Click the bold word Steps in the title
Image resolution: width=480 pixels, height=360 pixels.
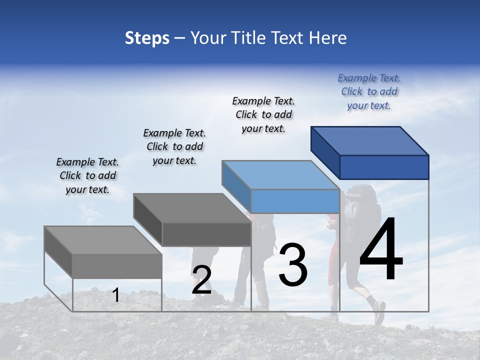tap(147, 38)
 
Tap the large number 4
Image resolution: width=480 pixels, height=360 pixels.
tap(381, 249)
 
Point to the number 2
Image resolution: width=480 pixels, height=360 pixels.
tap(201, 280)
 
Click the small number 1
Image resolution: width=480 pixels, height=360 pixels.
tap(116, 295)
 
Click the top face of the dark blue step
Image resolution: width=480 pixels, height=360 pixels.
tap(370, 140)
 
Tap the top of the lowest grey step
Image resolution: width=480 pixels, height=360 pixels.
tap(103, 240)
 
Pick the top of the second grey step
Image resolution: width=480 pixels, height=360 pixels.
tap(192, 207)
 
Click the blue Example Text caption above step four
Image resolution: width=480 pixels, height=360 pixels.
tap(369, 91)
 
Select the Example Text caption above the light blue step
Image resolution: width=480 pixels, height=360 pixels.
tap(263, 114)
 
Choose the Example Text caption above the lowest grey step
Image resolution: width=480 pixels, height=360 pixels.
tap(87, 175)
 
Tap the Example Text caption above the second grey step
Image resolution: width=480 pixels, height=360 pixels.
tap(174, 146)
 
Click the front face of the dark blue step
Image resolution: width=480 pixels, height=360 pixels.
tap(384, 167)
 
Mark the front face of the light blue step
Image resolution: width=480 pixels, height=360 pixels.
tap(295, 201)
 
